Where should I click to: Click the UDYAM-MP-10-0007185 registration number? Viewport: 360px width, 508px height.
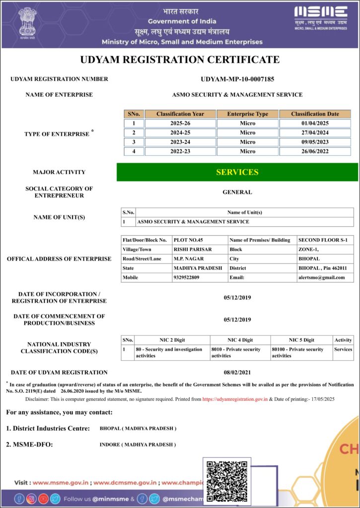[237, 79]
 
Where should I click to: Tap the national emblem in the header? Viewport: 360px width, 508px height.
[28, 23]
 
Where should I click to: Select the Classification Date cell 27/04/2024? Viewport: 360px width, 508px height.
[315, 132]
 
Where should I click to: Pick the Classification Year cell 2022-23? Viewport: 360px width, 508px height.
[180, 151]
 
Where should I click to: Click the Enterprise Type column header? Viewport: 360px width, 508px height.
[247, 114]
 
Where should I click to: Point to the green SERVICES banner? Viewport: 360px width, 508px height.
[237, 172]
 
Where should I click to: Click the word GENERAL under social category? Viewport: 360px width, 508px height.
[237, 192]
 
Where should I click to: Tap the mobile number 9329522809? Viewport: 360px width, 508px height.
[186, 277]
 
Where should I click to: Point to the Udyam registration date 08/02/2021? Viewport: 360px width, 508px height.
[237, 372]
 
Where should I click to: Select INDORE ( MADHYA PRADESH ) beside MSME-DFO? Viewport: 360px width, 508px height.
[138, 444]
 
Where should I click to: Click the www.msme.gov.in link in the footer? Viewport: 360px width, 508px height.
[61, 482]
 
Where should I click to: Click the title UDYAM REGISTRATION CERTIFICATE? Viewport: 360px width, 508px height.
[180, 60]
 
